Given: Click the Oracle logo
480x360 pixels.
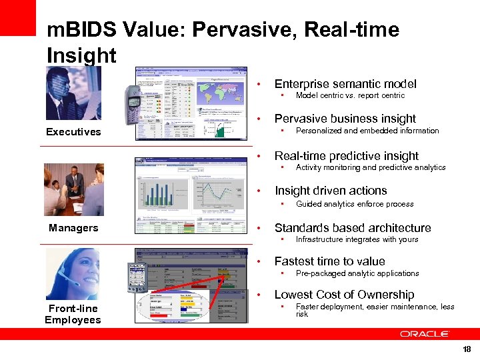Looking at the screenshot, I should point(425,333).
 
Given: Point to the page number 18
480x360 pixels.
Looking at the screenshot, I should point(467,349).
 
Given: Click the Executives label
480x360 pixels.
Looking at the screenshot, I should point(73,132).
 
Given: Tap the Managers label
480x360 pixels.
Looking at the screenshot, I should point(73,228).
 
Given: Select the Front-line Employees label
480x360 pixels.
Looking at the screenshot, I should point(73,314).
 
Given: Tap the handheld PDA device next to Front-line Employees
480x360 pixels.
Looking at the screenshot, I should point(136,277).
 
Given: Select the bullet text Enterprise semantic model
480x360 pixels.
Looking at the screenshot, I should point(345,84).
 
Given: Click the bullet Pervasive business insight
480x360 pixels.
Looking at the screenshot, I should point(345,119).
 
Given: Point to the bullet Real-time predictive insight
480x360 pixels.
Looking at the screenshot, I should point(347,156).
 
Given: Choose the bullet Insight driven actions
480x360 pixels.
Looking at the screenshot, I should point(331,191).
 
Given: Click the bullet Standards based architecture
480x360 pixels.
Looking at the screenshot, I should point(353,228).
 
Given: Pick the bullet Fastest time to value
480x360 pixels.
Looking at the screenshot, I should point(329,261).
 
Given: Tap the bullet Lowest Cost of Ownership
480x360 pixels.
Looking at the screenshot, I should point(344,295).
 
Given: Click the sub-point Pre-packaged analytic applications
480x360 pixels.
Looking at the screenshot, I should point(357,273).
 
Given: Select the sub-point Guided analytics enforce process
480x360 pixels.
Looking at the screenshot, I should point(355,204).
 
